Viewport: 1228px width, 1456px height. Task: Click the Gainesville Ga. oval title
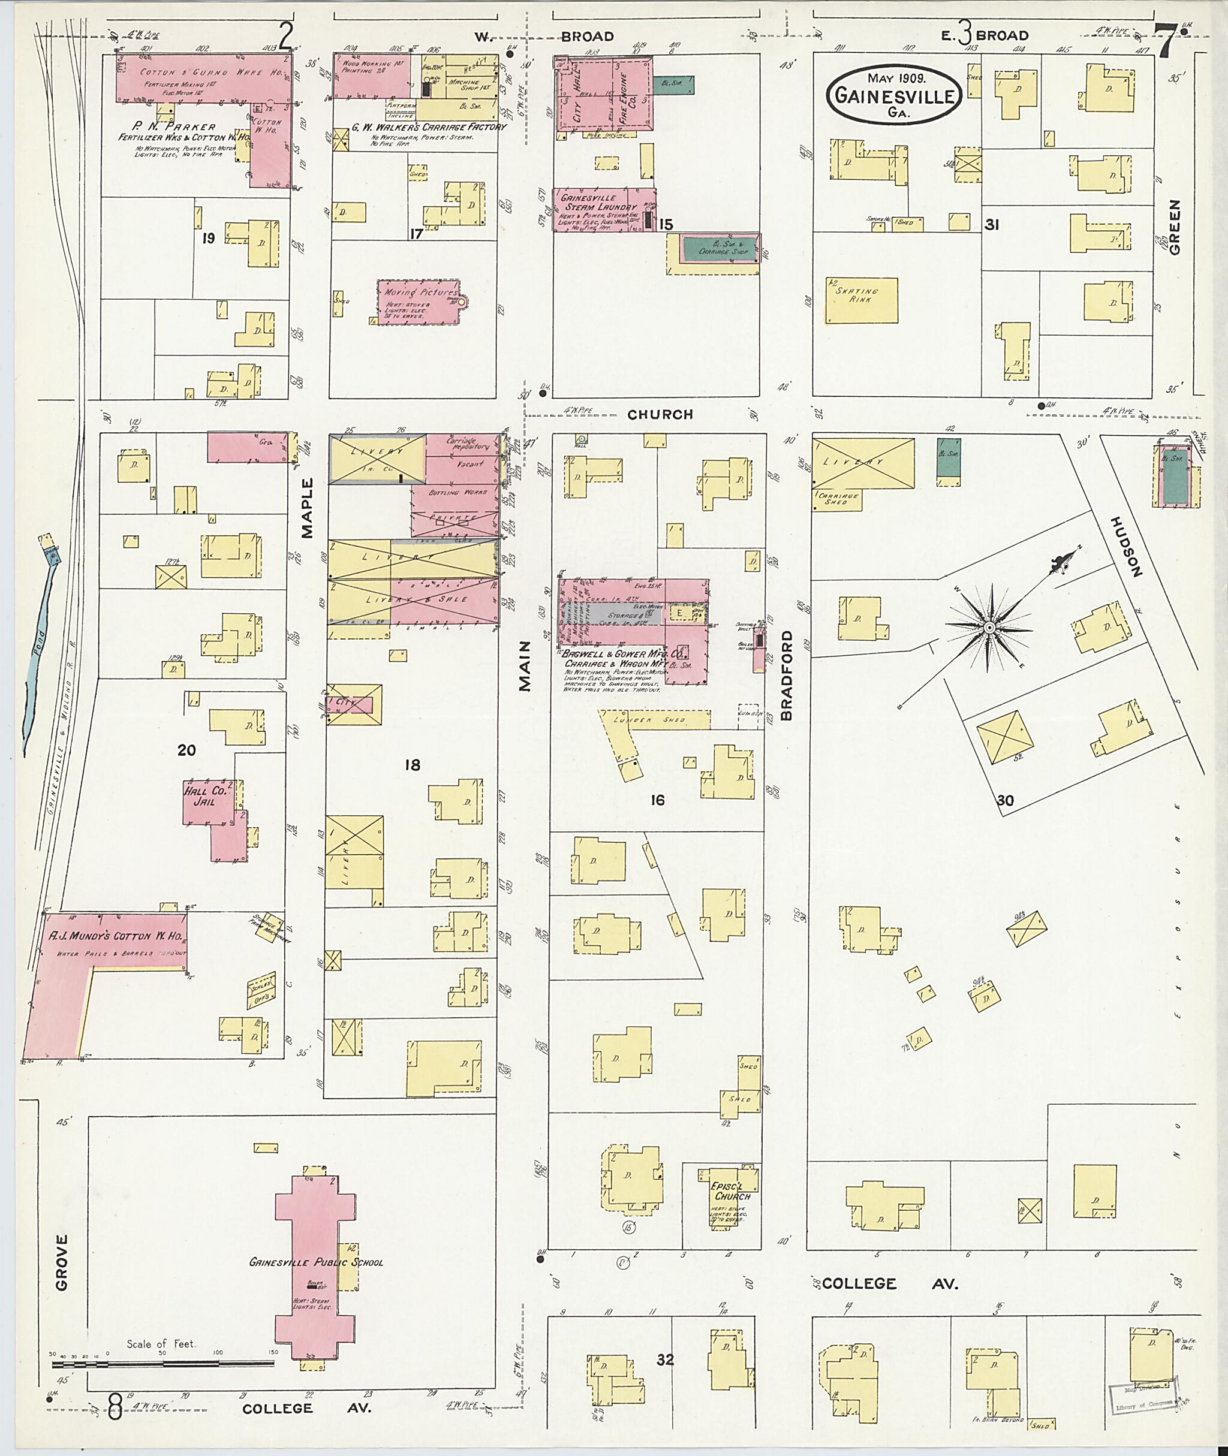895,96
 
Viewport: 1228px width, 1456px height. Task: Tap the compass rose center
989,628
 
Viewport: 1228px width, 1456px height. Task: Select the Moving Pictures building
419,302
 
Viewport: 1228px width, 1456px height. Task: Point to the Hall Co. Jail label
200,796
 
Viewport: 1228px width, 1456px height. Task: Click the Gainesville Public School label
316,1262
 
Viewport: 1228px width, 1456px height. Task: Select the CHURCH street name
660,415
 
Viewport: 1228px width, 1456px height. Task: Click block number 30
1004,800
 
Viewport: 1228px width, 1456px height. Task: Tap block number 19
208,239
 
